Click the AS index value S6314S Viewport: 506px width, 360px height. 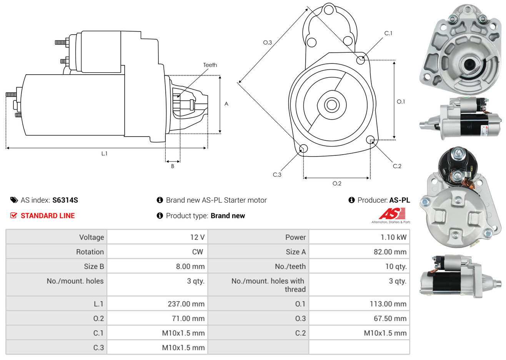pyautogui.click(x=65, y=200)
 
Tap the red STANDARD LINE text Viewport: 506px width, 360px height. pyautogui.click(x=48, y=216)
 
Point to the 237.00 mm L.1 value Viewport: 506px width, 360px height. pyautogui.click(x=186, y=304)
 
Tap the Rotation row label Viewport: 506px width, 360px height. pyautogui.click(x=90, y=252)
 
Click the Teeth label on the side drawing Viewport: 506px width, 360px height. pyautogui.click(x=210, y=65)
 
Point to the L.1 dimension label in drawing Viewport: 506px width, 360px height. pyautogui.click(x=104, y=153)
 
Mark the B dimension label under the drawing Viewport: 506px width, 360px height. pyautogui.click(x=173, y=166)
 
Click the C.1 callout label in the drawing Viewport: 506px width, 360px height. pyautogui.click(x=388, y=33)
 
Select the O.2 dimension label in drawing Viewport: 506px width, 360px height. pyautogui.click(x=337, y=183)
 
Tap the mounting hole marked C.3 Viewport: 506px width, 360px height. pyautogui.click(x=303, y=148)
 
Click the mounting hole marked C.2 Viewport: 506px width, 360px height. pyautogui.click(x=370, y=139)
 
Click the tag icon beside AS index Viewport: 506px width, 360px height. pyautogui.click(x=14, y=200)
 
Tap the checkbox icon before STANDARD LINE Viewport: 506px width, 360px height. pyautogui.click(x=14, y=215)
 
